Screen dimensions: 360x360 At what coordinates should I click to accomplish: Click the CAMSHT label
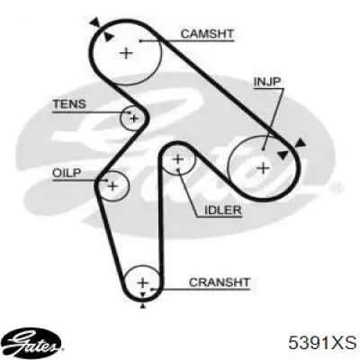(x=207, y=33)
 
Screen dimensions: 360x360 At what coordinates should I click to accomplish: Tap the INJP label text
(x=267, y=82)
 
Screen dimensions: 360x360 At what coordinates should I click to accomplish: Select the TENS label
(x=69, y=104)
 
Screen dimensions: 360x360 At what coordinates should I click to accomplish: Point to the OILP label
(x=67, y=173)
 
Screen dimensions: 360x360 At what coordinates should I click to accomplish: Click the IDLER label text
(x=223, y=210)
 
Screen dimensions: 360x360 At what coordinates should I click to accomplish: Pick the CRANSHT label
(x=220, y=283)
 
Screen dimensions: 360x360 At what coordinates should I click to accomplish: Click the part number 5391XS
(x=322, y=342)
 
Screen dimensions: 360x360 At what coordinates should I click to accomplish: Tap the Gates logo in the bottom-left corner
(x=33, y=343)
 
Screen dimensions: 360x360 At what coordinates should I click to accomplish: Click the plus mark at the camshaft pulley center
(x=126, y=53)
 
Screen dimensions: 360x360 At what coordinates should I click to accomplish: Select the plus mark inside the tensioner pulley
(x=134, y=118)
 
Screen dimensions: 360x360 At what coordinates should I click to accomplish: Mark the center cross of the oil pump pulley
(x=112, y=186)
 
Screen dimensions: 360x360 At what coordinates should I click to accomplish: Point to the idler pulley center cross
(x=178, y=158)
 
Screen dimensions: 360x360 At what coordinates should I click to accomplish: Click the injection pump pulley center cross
(x=264, y=168)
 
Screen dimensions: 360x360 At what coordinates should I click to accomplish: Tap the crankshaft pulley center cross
(x=143, y=283)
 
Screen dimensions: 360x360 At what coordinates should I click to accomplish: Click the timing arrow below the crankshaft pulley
(x=143, y=306)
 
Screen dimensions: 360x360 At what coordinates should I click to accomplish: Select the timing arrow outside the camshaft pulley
(x=95, y=22)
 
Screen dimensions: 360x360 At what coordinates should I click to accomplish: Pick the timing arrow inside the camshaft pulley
(x=109, y=37)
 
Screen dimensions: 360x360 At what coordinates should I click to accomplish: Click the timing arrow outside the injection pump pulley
(x=301, y=143)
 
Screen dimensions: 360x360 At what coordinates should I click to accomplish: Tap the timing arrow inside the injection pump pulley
(x=282, y=155)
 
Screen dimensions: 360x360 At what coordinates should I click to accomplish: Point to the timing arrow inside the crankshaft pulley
(x=143, y=294)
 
